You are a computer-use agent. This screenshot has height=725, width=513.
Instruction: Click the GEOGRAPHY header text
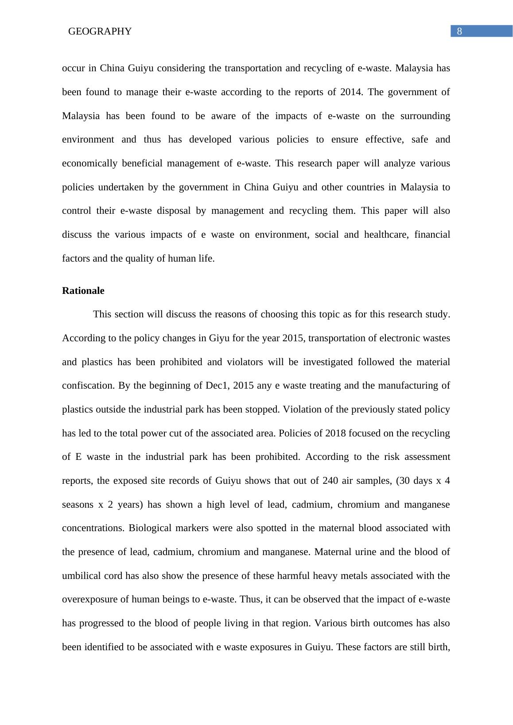100,31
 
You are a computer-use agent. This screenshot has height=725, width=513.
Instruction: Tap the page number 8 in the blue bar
459,31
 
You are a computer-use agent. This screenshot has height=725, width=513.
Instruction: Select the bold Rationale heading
83,291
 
